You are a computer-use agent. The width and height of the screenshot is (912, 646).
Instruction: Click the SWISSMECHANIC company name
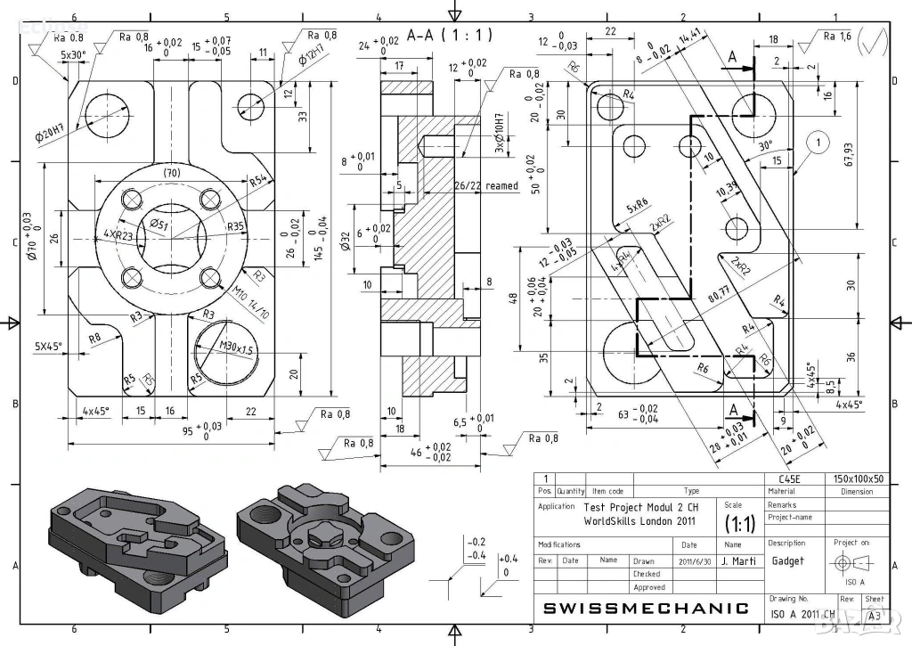pyautogui.click(x=646, y=609)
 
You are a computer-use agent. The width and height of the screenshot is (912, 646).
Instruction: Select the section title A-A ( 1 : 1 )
pyautogui.click(x=450, y=36)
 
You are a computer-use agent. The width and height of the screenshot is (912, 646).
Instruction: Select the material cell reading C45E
pyautogui.click(x=789, y=478)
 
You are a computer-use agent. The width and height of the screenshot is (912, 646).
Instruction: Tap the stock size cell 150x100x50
pyautogui.click(x=856, y=478)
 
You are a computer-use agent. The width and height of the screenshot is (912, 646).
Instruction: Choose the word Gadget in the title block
pyautogui.click(x=787, y=561)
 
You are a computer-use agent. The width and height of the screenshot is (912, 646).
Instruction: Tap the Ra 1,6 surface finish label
pyautogui.click(x=837, y=36)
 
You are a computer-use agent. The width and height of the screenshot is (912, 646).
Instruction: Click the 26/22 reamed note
pyautogui.click(x=485, y=186)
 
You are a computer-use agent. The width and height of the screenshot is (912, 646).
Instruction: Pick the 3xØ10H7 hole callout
pyautogui.click(x=500, y=134)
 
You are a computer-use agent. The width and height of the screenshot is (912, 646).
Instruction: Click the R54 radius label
pyautogui.click(x=258, y=180)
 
